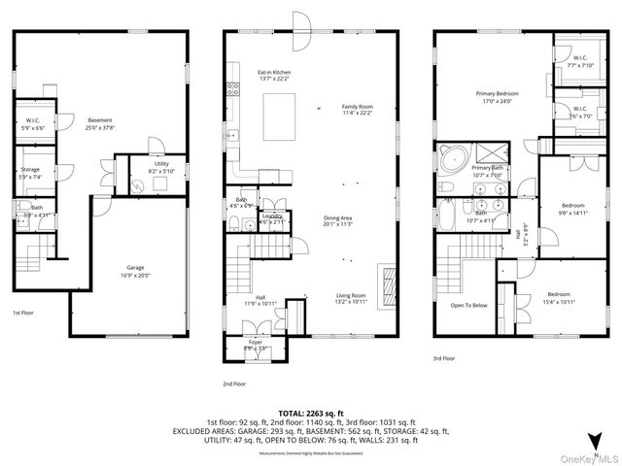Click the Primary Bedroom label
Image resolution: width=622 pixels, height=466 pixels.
coord(496,96)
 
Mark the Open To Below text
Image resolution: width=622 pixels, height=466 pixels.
coord(469,305)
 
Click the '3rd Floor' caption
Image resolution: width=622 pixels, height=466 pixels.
coord(444,358)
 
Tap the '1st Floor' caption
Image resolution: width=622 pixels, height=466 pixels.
coord(25,314)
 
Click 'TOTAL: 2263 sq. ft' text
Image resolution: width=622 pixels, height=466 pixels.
coord(310,412)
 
